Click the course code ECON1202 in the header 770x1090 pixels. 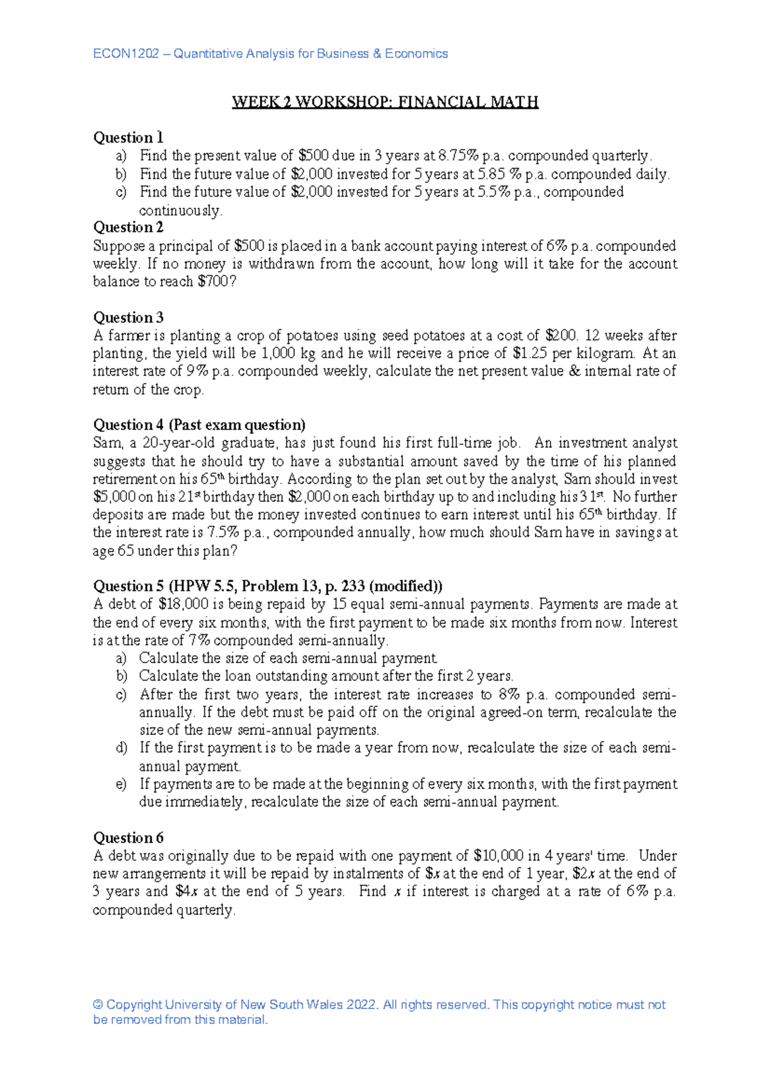[126, 54]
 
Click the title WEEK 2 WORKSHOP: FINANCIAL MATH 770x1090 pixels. [385, 102]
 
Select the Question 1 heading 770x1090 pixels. [128, 137]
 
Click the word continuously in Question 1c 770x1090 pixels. [180, 211]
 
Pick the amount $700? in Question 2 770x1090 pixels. [218, 281]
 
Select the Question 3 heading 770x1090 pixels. [128, 317]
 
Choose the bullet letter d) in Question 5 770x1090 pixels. [122, 748]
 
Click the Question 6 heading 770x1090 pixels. [128, 838]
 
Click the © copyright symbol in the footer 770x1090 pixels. [98, 1005]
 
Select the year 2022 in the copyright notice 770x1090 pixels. [361, 1005]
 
